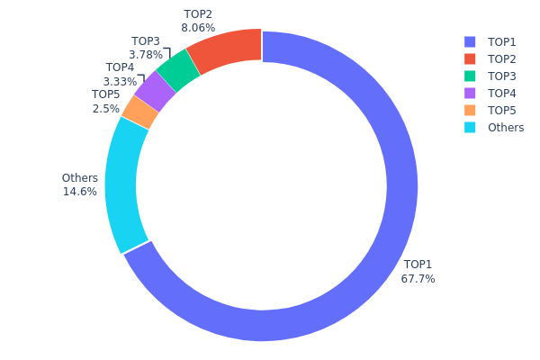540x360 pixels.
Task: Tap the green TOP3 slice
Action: coord(178,70)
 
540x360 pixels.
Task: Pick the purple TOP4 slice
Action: coord(155,91)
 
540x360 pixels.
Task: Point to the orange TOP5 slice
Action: coord(140,112)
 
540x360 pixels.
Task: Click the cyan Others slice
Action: coord(122,184)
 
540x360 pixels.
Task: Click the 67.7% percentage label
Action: coord(418,279)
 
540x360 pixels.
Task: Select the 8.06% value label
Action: coord(198,28)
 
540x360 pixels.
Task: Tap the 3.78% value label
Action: coord(146,55)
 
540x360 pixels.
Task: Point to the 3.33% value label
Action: coord(120,82)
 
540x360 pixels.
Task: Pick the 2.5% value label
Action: coord(105,108)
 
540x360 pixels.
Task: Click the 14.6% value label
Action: coord(79,192)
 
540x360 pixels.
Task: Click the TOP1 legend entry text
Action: coord(502,41)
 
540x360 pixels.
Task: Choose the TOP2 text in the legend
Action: coord(502,58)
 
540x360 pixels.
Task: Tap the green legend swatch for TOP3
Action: coord(470,76)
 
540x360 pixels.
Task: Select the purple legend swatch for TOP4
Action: coord(470,93)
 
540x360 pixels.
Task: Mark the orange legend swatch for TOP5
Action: coord(470,110)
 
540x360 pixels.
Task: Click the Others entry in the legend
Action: coord(506,127)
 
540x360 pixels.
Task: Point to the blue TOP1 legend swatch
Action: coord(470,41)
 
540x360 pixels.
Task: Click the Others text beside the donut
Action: coord(79,178)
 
